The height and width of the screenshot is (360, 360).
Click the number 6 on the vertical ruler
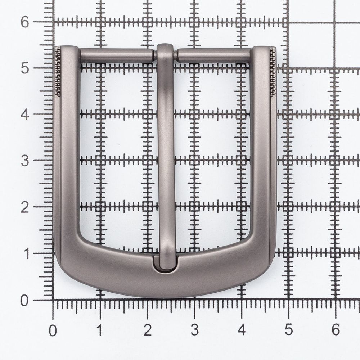click(x=25, y=22)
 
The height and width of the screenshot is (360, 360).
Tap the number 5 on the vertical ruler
click(x=25, y=68)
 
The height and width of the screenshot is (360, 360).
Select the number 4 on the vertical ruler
click(x=25, y=114)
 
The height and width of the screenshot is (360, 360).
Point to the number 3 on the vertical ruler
click(x=25, y=161)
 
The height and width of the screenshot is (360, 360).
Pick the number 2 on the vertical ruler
click(x=25, y=208)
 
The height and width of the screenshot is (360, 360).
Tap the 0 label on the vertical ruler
click(x=24, y=300)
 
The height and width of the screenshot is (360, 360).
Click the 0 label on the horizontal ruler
click(x=53, y=330)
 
